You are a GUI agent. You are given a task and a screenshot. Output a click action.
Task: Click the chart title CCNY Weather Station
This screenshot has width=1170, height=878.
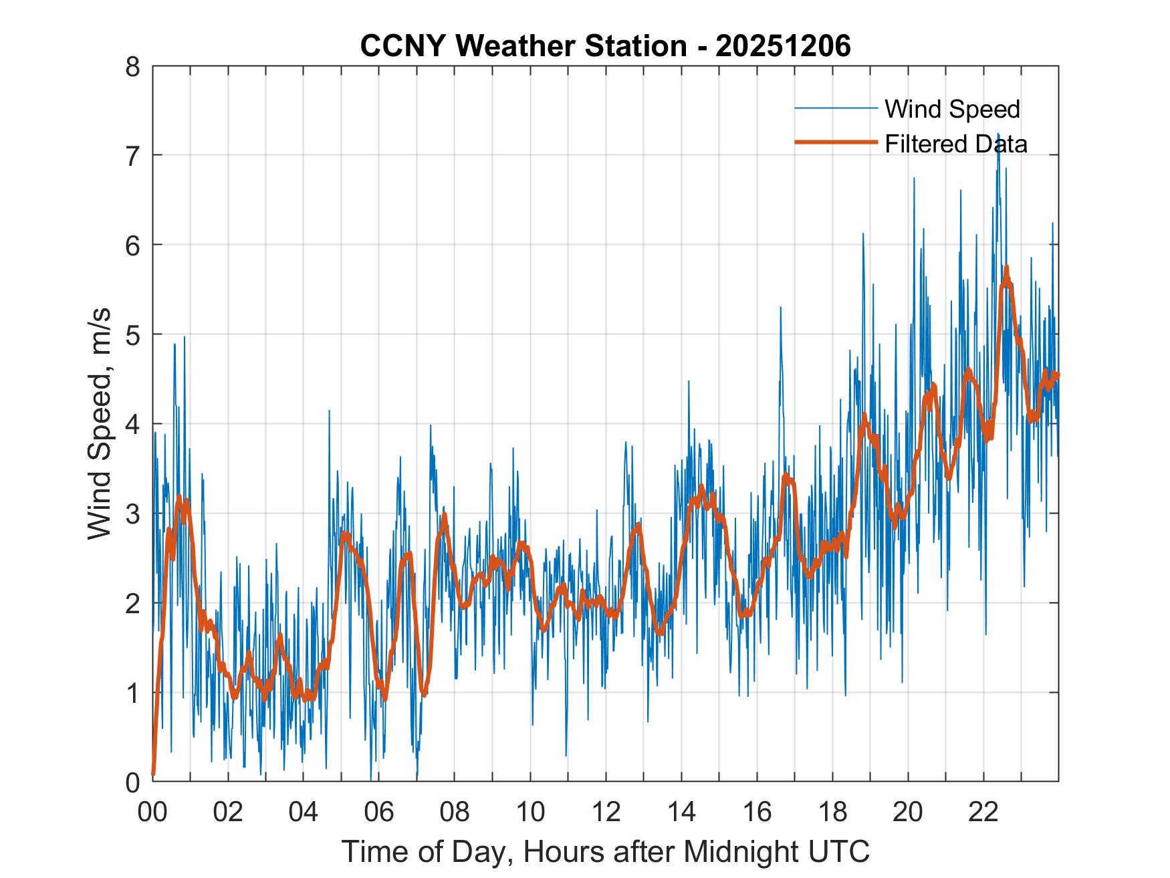(523, 46)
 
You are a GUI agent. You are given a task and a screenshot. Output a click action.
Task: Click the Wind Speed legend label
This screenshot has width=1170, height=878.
(952, 109)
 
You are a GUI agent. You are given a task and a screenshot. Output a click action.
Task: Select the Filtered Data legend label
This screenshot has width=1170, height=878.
(956, 144)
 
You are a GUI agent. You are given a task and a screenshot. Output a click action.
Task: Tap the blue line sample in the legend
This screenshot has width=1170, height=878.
(836, 108)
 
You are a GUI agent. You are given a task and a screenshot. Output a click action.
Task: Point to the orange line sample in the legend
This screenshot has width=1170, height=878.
(836, 142)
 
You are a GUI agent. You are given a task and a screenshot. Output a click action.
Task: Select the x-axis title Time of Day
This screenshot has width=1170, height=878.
(606, 851)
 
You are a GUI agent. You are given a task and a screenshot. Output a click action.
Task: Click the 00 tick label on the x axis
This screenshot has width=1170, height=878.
(152, 812)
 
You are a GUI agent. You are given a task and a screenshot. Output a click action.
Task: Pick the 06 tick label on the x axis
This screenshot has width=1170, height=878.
(379, 812)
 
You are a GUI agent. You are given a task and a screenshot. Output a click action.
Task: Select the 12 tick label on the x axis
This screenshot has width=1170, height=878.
(606, 812)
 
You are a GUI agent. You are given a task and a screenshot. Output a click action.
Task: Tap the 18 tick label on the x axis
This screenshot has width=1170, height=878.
(832, 812)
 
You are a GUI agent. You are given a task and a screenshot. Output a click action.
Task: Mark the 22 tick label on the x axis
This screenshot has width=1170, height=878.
(983, 812)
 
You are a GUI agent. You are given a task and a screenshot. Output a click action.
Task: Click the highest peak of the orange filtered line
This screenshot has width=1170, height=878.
(1006, 267)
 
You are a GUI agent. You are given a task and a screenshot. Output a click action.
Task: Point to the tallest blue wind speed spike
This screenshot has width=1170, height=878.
(998, 134)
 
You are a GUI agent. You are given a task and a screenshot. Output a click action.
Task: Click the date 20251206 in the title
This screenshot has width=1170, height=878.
(783, 46)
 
